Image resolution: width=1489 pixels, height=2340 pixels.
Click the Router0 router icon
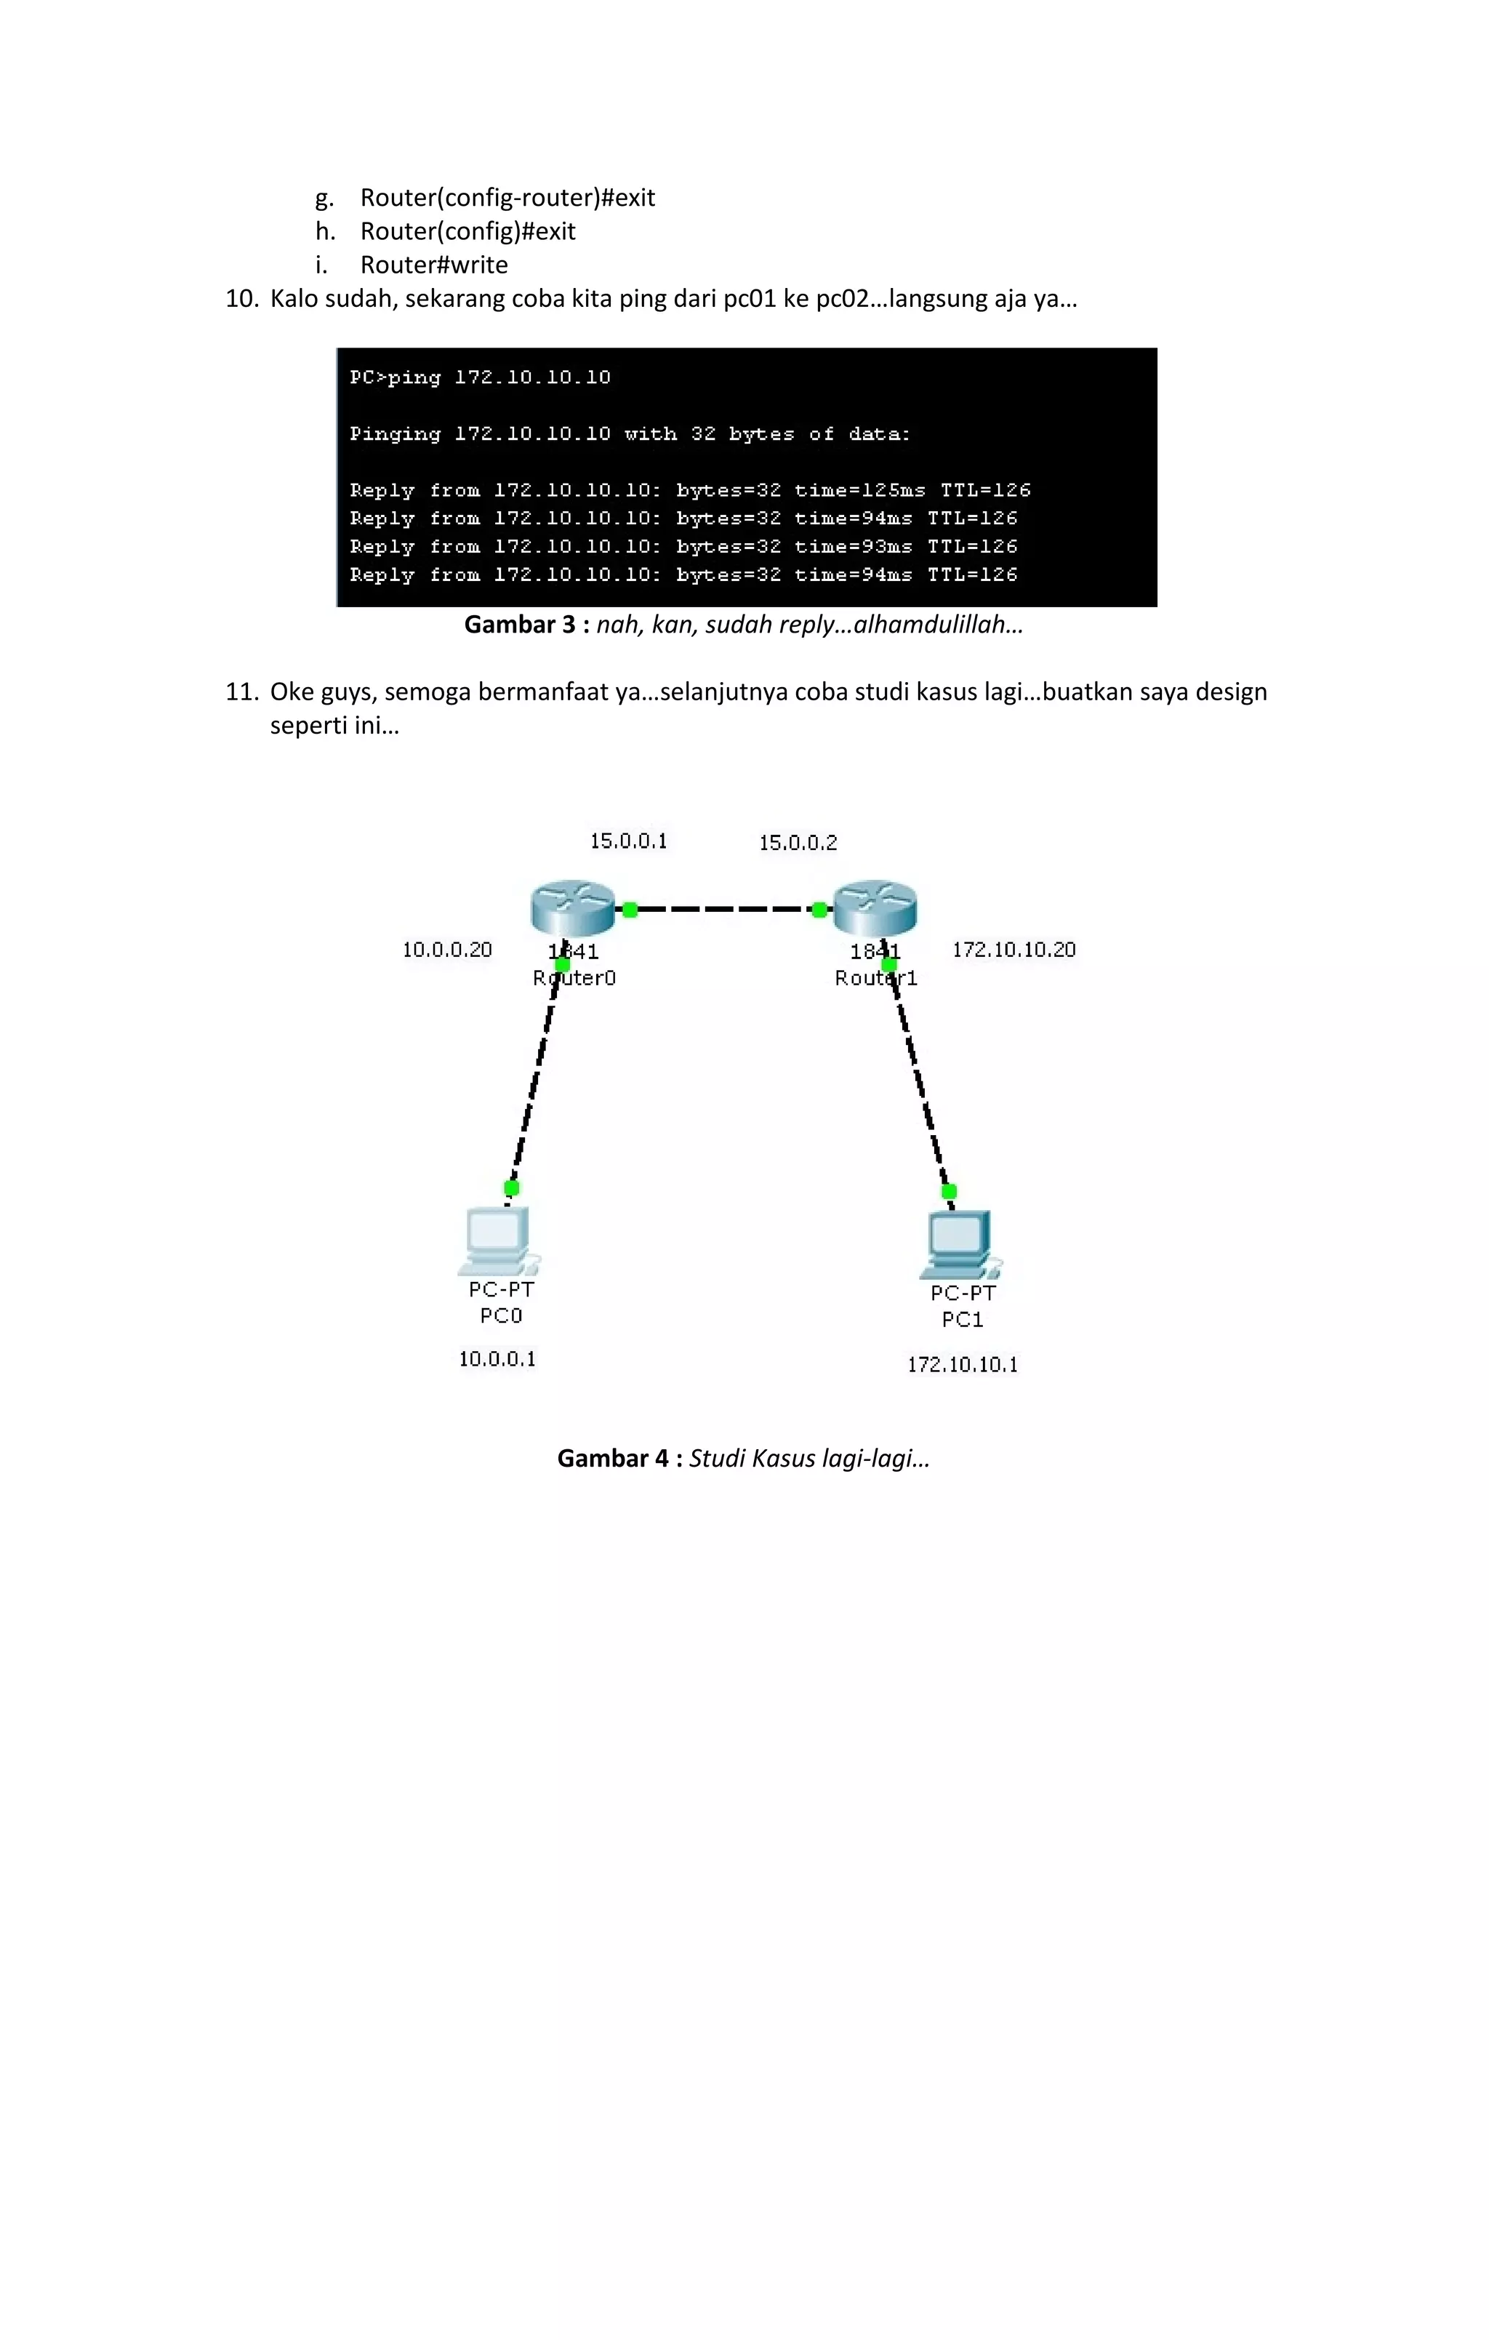pos(572,907)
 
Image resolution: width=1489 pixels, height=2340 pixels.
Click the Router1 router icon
pos(875,907)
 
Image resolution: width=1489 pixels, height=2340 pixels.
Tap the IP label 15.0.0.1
pos(628,841)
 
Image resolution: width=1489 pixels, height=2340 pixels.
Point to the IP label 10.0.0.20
pos(447,950)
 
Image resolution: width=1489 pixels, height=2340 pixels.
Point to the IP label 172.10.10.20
pos(1013,950)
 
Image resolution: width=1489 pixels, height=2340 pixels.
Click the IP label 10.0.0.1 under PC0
pos(497,1358)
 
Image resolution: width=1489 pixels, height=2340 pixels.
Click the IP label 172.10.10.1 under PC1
pos(962,1364)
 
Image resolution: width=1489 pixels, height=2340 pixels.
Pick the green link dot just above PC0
pos(511,1187)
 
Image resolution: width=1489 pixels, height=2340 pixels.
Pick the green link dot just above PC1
pos(949,1191)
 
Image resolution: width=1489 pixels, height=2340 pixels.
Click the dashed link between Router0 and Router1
pos(724,910)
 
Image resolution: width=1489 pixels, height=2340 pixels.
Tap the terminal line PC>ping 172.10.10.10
pos(480,377)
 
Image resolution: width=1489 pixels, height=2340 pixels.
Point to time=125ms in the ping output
pos(859,491)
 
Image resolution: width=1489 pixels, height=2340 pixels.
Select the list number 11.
pos(241,692)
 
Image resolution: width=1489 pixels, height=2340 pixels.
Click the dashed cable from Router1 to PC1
pos(918,1078)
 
